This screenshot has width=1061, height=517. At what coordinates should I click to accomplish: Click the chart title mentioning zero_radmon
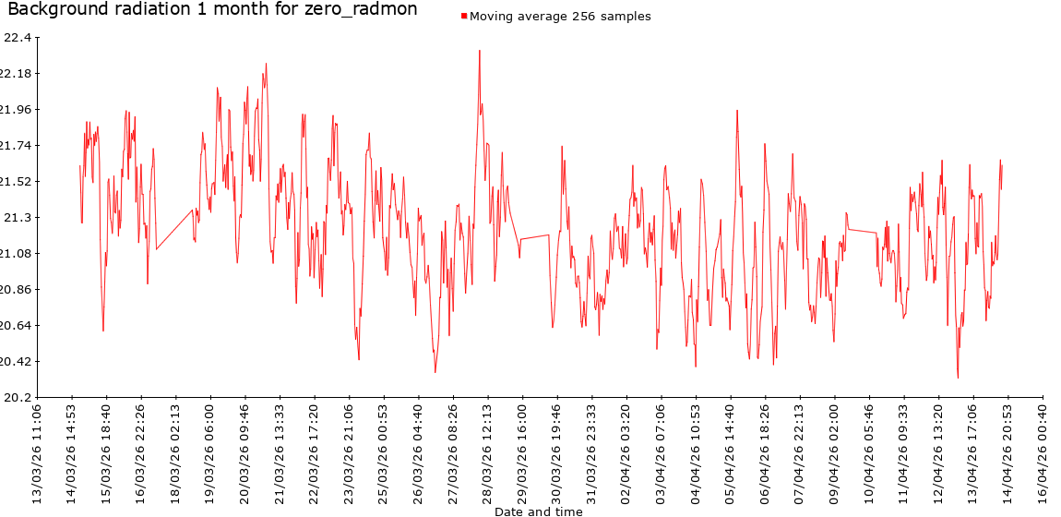click(x=212, y=10)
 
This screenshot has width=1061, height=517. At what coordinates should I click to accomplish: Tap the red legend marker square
click(x=464, y=17)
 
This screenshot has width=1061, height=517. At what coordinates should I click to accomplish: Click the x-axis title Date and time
click(x=538, y=511)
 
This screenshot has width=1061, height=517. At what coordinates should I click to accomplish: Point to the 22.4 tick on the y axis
click(x=18, y=37)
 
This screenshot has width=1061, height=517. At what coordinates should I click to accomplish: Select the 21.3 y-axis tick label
click(x=18, y=217)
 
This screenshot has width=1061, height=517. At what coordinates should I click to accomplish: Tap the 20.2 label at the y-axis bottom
click(x=18, y=397)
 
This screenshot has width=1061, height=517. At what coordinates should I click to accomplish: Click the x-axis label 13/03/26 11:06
click(x=37, y=451)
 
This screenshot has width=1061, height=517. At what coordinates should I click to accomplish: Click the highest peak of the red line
click(x=480, y=51)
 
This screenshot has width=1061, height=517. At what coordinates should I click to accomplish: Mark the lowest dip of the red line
click(x=958, y=378)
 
